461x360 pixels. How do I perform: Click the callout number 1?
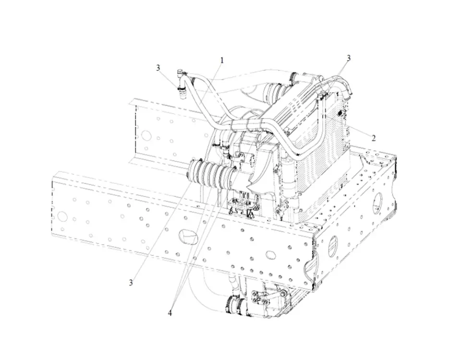coord(222,60)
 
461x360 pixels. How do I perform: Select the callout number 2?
coord(374,138)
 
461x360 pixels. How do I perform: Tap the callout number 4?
coord(170,313)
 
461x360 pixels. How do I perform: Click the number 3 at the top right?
coord(349,58)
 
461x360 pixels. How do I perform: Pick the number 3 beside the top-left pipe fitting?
coord(158,68)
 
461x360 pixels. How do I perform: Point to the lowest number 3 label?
coord(131,283)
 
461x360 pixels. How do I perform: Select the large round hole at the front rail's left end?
coord(62,216)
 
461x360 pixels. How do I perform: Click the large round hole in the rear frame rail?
coord(146,136)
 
